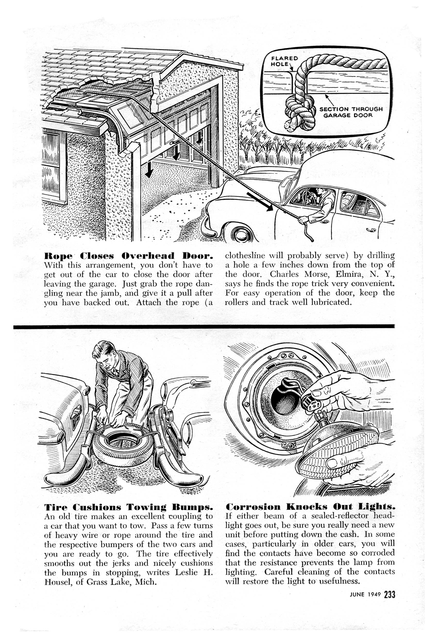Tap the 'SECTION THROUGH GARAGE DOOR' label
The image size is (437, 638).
click(351, 112)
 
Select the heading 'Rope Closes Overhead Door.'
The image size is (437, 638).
click(128, 256)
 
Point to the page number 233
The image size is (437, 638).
click(389, 595)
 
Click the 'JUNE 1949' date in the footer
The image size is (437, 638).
click(365, 595)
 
